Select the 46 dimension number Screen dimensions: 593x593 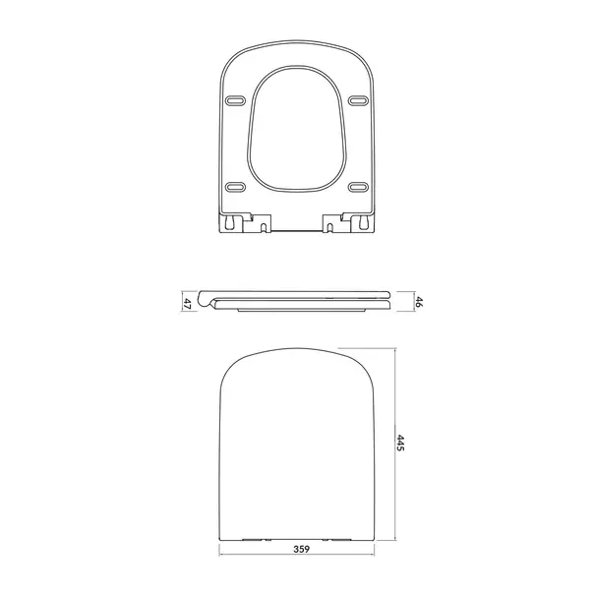[x=417, y=302]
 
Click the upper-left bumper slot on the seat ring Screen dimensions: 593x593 [x=237, y=98]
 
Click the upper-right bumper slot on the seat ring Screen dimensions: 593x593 [x=356, y=98]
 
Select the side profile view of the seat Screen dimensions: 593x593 [x=296, y=301]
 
